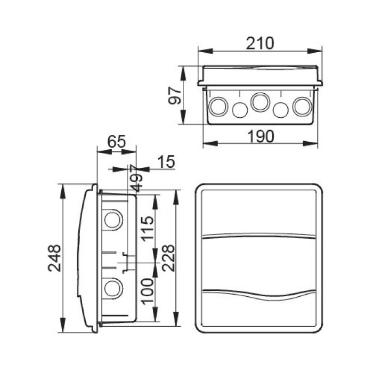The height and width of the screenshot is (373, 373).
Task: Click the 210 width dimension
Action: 260,43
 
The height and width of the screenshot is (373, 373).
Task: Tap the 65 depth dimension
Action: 116,142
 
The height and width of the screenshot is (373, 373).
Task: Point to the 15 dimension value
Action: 166,162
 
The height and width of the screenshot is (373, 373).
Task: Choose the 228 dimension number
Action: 168,258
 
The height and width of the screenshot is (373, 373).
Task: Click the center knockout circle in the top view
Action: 260,102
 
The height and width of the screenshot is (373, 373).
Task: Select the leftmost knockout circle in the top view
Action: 217,106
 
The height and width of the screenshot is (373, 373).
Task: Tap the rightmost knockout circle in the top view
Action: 302,106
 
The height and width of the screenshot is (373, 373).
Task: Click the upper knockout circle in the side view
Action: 112,220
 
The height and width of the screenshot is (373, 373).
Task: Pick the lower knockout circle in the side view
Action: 112,289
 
